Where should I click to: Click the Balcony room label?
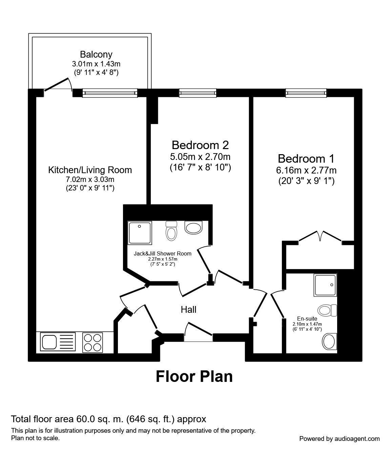click(x=96, y=54)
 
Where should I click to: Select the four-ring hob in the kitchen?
click(x=93, y=342)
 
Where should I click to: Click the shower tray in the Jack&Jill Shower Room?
click(x=140, y=233)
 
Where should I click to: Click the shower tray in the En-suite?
click(x=325, y=285)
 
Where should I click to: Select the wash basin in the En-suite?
click(x=329, y=341)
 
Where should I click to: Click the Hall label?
click(x=188, y=309)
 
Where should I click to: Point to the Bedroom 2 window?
click(x=198, y=93)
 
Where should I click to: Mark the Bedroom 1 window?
click(x=306, y=93)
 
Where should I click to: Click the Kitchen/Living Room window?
click(x=110, y=93)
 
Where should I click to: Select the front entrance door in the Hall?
click(x=199, y=332)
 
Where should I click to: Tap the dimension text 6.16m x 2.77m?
click(x=306, y=170)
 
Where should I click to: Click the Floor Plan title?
click(x=194, y=376)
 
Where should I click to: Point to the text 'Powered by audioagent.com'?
click(x=339, y=438)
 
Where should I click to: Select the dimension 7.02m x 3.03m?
click(x=90, y=180)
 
